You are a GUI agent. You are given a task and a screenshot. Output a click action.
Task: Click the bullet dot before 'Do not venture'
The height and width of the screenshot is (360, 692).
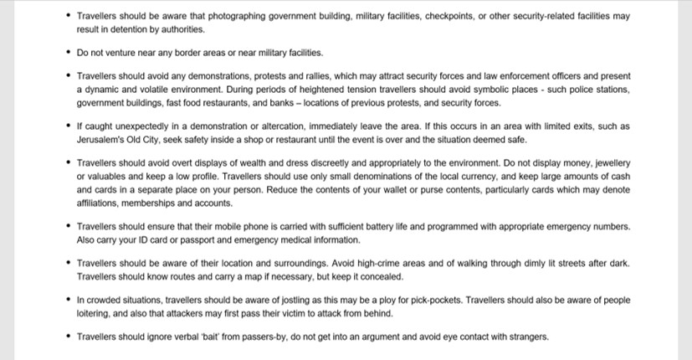pos(68,53)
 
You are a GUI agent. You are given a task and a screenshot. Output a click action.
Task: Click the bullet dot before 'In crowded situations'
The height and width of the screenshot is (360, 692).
pos(68,300)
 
